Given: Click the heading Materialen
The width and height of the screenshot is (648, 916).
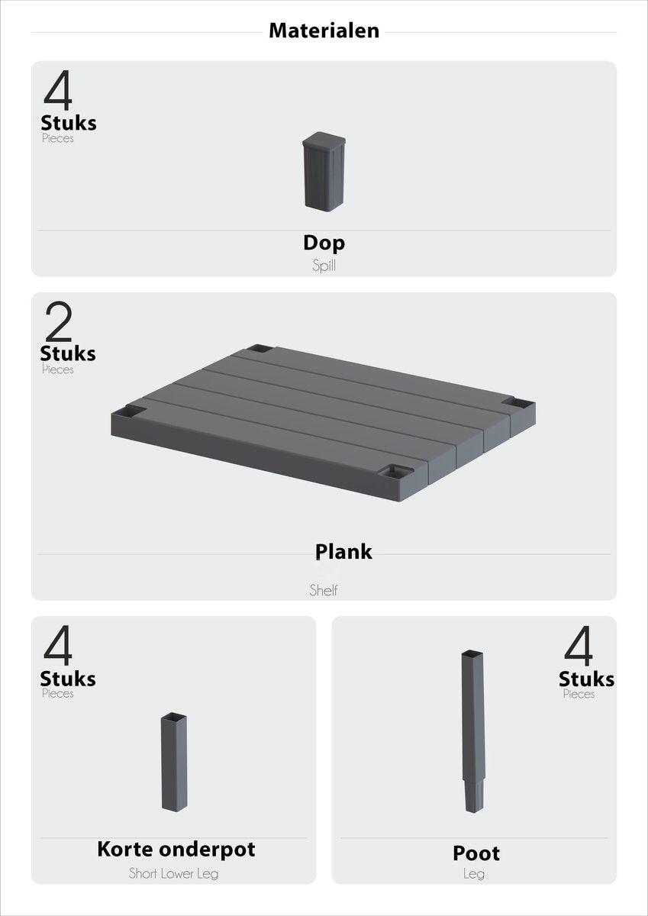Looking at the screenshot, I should (324, 31).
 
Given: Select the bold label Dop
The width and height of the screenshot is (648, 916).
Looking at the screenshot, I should (324, 243).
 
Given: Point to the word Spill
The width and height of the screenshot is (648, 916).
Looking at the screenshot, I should (324, 266).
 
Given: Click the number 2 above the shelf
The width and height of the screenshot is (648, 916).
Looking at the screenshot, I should (58, 322).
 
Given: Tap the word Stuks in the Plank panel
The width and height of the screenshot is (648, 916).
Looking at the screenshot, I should (68, 353).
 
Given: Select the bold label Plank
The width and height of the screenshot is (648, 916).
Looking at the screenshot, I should (343, 551).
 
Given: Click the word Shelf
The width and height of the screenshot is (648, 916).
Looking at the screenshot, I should (324, 590).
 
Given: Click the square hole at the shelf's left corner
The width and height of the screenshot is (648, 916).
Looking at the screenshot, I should (131, 412).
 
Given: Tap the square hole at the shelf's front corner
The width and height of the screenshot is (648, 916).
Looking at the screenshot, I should (396, 472).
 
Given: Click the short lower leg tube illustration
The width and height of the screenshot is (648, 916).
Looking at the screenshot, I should (174, 762).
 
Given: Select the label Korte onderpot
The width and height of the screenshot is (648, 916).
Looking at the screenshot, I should (176, 849).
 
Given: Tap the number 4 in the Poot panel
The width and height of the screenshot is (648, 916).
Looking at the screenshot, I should (579, 646).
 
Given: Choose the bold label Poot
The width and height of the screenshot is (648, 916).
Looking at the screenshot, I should (476, 853).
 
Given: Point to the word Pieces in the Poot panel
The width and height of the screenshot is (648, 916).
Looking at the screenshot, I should (579, 694).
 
